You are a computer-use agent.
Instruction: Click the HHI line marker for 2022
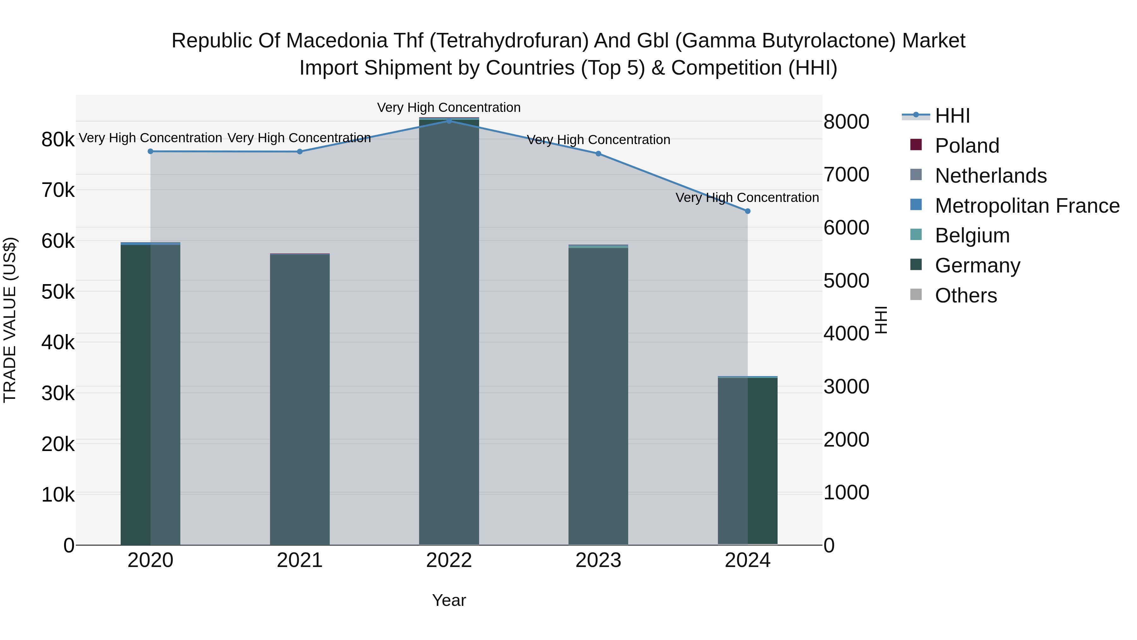click(x=449, y=121)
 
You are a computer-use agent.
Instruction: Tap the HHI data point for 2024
click(x=747, y=211)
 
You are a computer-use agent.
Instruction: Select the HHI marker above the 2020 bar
click(x=151, y=151)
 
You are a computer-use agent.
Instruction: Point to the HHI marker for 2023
click(x=598, y=154)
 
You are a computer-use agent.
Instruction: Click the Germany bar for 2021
click(x=300, y=398)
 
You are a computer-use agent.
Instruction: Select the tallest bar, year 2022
click(x=449, y=331)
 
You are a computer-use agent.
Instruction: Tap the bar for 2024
click(x=747, y=459)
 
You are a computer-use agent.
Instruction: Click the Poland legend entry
click(x=967, y=146)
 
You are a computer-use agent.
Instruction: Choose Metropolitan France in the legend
click(x=1027, y=206)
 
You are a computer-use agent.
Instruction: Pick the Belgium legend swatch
click(x=916, y=235)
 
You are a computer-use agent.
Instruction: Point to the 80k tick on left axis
click(x=58, y=140)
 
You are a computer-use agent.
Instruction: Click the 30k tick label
click(x=58, y=393)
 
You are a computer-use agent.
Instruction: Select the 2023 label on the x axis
click(x=598, y=560)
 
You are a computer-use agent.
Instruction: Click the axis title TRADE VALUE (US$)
click(x=10, y=320)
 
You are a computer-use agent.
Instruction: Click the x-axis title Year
click(x=449, y=600)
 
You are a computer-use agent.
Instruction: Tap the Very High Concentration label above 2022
click(x=448, y=107)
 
